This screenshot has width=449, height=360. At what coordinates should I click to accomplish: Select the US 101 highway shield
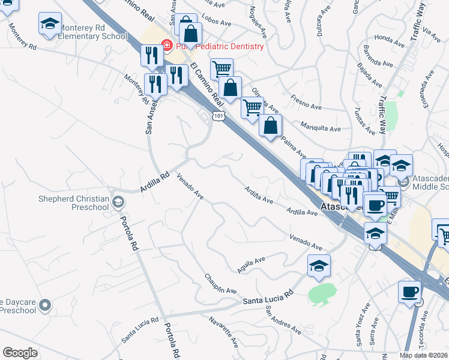coord(220,117)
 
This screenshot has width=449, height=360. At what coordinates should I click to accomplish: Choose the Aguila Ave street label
coord(251,264)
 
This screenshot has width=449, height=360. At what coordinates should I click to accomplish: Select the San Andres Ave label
coord(283,320)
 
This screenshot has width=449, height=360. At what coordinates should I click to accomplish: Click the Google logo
coord(20,353)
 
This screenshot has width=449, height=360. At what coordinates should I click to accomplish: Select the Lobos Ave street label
coord(217,23)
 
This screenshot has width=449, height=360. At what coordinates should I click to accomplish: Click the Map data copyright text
coord(424,355)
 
